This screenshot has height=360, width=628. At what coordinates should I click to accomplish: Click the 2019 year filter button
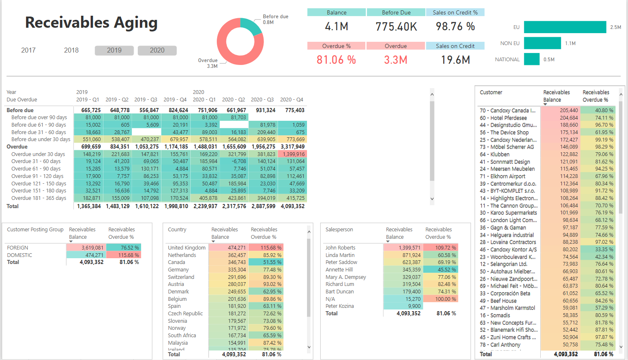click(114, 50)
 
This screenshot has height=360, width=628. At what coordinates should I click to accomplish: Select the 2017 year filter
click(29, 50)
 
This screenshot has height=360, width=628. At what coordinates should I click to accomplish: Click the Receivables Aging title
click(91, 23)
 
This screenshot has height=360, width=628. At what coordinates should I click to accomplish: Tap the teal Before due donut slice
click(251, 26)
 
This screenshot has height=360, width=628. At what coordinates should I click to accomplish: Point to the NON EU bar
click(542, 43)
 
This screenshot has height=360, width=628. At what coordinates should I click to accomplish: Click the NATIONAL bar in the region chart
click(532, 59)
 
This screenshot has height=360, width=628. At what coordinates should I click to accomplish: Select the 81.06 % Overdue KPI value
click(336, 60)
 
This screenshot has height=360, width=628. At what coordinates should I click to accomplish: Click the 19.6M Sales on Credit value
click(455, 60)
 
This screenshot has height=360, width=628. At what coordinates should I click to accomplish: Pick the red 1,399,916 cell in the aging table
click(292, 154)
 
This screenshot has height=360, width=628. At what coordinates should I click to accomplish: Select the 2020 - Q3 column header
click(262, 100)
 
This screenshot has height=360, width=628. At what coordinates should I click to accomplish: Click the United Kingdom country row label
click(187, 248)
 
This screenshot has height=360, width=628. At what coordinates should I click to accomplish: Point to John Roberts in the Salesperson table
click(340, 248)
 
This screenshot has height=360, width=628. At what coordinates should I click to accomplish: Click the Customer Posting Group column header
click(35, 230)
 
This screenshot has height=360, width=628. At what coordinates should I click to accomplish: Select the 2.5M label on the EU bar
click(616, 27)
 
